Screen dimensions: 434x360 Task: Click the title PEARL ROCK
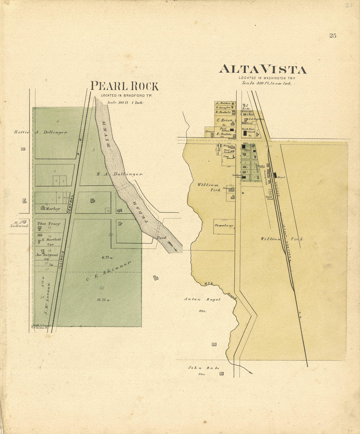(124, 86)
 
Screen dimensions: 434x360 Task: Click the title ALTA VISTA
(262, 69)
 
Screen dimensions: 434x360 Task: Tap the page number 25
(333, 36)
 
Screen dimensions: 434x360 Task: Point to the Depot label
(281, 177)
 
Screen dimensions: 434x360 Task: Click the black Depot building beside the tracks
(275, 175)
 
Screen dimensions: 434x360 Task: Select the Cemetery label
(224, 226)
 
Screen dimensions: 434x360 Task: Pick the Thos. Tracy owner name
(49, 224)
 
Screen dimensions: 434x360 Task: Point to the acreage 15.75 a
(103, 300)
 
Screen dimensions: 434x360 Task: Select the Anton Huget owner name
(202, 299)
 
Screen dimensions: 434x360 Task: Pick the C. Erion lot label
(224, 120)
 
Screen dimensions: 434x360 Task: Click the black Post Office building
(232, 130)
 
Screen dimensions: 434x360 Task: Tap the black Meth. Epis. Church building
(245, 134)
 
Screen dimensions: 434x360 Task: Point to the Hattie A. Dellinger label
(41, 132)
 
